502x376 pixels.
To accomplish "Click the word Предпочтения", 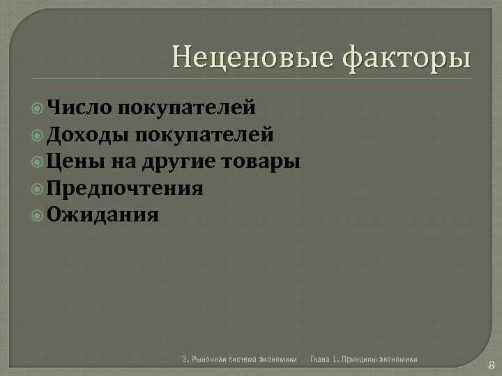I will coord(126,189).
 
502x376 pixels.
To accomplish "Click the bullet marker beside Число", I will coord(38,108).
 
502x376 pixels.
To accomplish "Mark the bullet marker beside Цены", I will coord(38,162).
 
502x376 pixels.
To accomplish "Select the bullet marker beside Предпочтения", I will coord(38,189).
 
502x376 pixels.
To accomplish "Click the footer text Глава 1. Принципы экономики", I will coord(364,359).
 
